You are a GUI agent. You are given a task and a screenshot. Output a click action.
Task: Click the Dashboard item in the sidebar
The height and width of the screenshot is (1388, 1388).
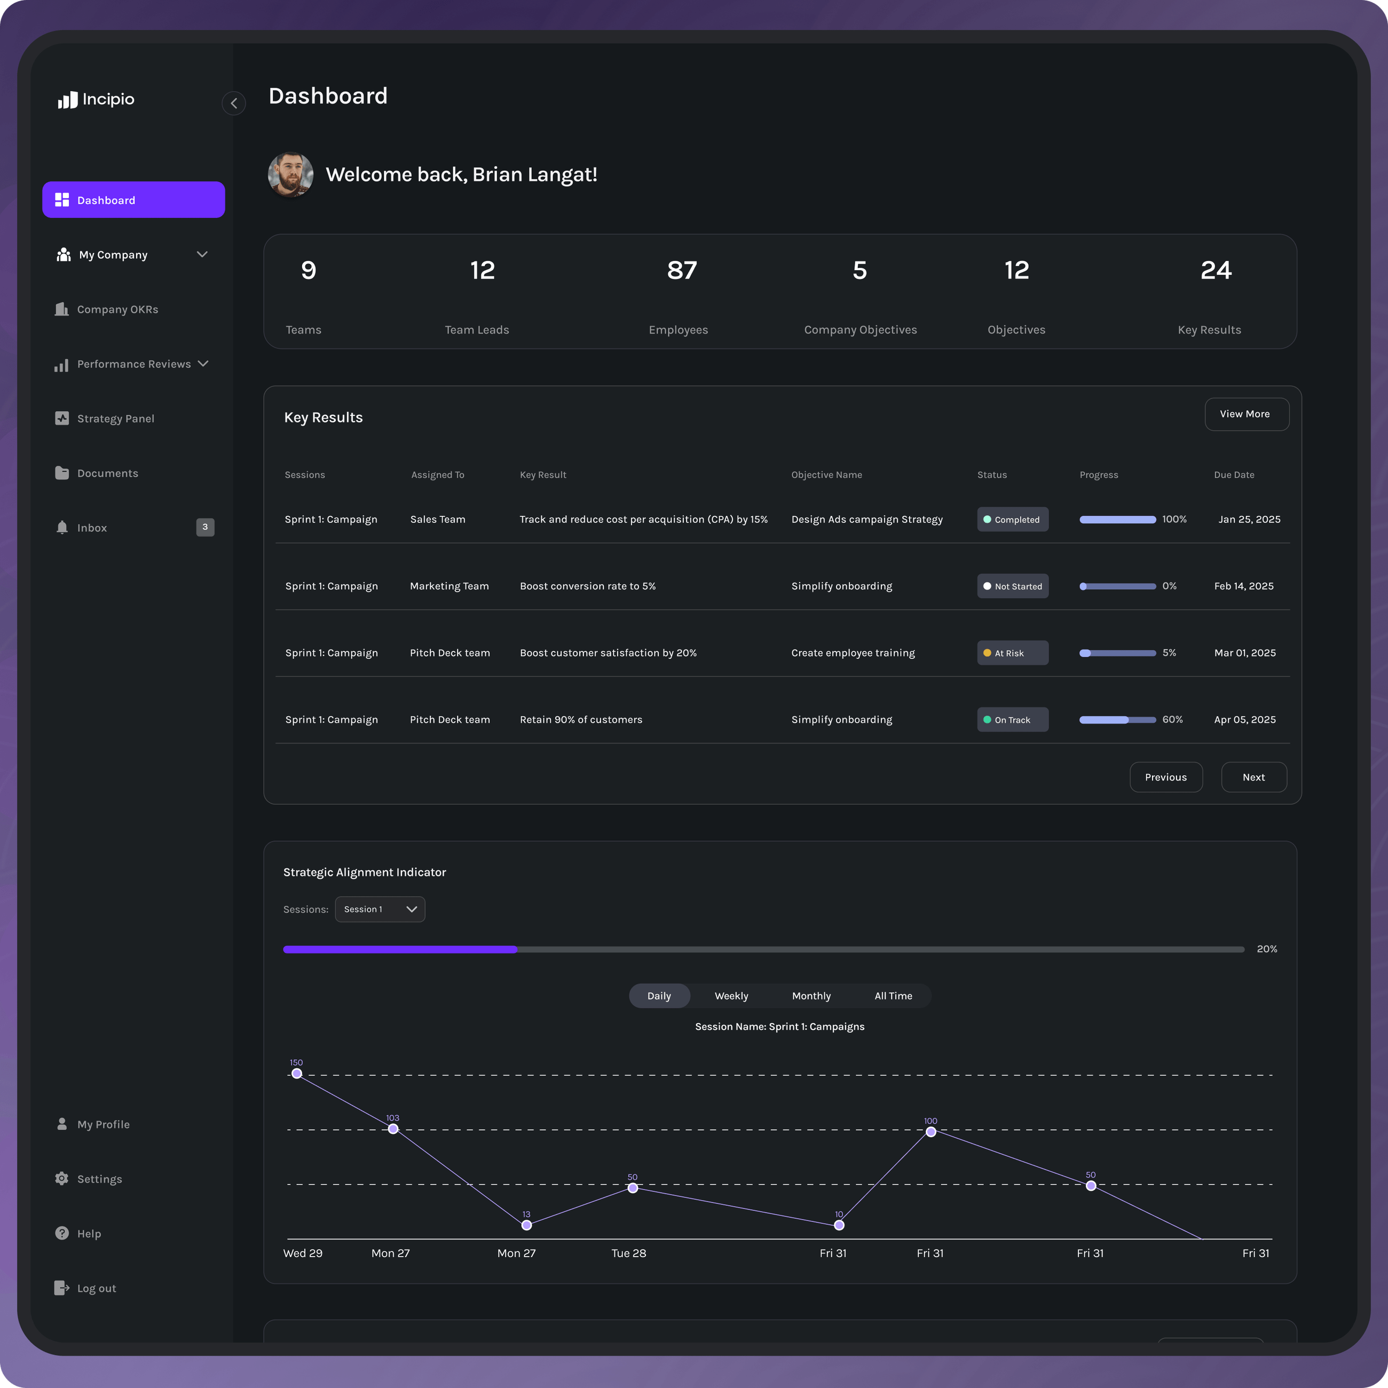(133, 200)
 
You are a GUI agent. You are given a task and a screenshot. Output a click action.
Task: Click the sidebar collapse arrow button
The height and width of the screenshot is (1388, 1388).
(233, 104)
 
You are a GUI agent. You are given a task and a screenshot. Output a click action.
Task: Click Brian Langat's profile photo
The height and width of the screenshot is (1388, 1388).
(290, 174)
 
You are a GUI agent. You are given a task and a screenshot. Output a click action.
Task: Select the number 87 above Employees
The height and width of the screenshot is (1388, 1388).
(682, 270)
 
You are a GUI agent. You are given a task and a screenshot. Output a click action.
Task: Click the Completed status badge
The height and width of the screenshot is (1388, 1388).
(1012, 519)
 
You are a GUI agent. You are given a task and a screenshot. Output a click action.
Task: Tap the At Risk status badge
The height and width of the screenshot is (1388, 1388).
(1012, 653)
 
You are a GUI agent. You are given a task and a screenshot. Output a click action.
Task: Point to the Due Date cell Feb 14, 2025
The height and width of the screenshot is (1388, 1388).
(1244, 586)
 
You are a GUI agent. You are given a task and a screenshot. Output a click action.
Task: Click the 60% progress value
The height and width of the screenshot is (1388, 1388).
(1172, 719)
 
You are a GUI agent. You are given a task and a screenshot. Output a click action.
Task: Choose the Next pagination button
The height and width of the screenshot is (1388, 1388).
(1253, 777)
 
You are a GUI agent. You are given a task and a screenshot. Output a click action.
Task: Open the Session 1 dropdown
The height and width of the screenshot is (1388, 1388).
(380, 909)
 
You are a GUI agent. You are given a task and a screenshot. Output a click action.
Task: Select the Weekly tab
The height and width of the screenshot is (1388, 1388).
(731, 996)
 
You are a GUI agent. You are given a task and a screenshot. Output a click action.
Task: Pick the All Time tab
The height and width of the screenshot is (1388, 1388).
(893, 996)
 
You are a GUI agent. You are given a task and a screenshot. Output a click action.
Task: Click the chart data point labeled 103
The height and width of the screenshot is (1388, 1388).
(393, 1129)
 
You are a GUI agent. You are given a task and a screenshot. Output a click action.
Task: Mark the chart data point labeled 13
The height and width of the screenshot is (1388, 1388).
(526, 1225)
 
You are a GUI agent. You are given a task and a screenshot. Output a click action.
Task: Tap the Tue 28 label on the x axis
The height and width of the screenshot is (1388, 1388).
(629, 1253)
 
